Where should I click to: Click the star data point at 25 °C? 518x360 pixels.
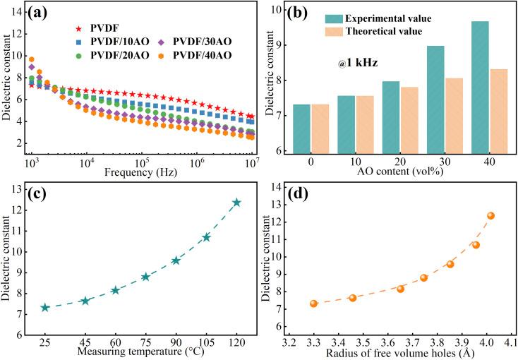pyautogui.click(x=45, y=308)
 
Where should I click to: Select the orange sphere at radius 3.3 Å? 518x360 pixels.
pyautogui.click(x=313, y=304)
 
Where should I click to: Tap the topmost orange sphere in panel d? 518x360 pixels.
pyautogui.click(x=490, y=215)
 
